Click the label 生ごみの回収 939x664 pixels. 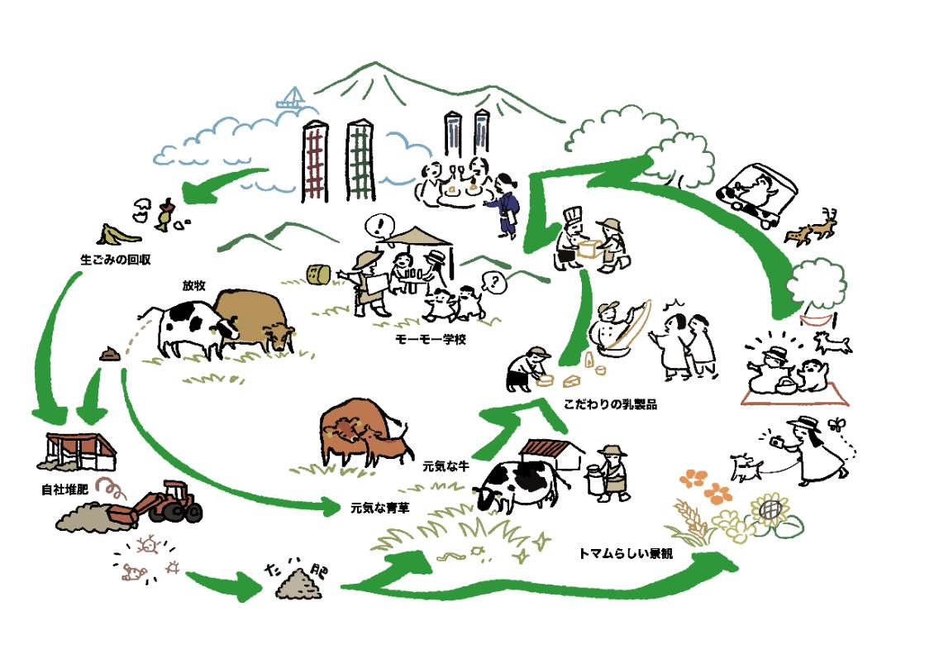coord(115,259)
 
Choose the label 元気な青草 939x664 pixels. coord(379,505)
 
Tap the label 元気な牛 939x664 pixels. coord(446,466)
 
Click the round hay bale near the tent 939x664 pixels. coord(318,275)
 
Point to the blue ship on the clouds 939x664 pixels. coord(291,101)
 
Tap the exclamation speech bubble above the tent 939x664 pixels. coord(382,224)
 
